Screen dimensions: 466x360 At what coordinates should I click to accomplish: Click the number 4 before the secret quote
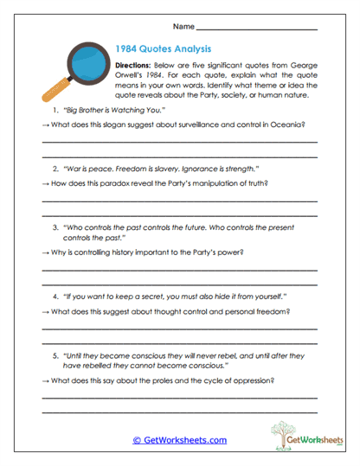click(x=55, y=296)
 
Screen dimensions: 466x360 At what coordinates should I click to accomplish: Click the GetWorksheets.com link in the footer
click(x=180, y=439)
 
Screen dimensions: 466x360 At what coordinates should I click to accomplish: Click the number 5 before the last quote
click(x=55, y=354)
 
